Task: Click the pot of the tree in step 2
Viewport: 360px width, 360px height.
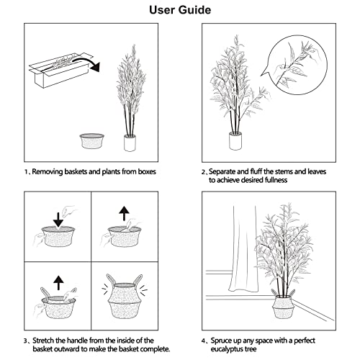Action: (235, 142)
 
